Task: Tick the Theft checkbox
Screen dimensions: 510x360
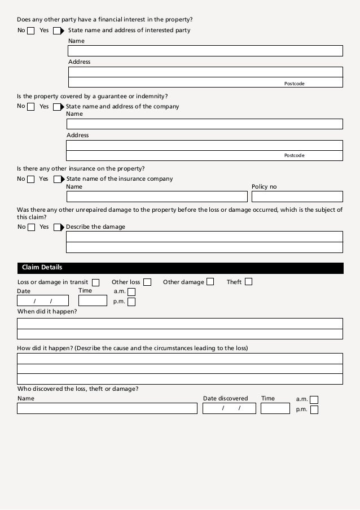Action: tap(248, 281)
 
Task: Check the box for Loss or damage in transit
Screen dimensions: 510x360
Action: tap(95, 282)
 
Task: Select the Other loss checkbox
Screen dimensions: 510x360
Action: tap(147, 282)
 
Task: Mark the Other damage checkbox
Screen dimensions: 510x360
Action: tap(210, 282)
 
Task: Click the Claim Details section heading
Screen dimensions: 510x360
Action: tap(42, 268)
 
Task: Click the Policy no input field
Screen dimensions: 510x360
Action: tap(297, 197)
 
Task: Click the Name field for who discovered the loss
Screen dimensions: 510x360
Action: tap(107, 408)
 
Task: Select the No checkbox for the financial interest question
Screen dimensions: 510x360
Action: tap(30, 30)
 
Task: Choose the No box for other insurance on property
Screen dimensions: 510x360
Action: tap(30, 180)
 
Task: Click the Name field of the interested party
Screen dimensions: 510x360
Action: tap(205, 51)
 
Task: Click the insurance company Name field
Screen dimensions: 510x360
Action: tap(157, 197)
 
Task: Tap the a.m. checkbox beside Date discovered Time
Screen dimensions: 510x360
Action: tap(314, 399)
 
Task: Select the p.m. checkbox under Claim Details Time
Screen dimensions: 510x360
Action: tap(131, 302)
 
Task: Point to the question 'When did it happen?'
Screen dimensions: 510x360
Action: tap(47, 312)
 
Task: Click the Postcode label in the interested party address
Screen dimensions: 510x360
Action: tap(294, 84)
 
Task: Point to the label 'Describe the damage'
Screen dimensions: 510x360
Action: tap(96, 227)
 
